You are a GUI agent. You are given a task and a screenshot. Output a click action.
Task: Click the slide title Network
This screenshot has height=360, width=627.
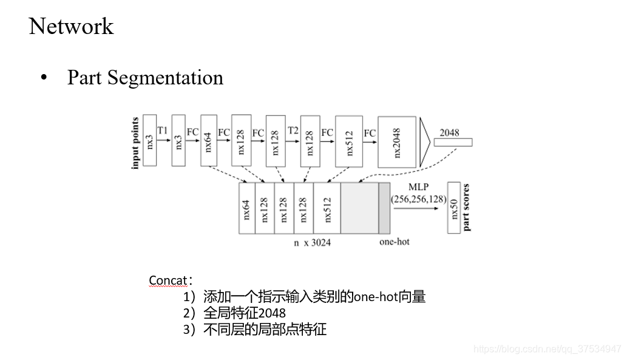[71, 26]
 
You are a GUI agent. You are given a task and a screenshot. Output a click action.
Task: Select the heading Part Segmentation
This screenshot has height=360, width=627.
[145, 78]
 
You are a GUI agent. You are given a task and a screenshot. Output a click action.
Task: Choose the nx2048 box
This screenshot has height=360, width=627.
[397, 142]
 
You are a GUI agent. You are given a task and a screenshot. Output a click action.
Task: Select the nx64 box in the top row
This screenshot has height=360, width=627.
[209, 140]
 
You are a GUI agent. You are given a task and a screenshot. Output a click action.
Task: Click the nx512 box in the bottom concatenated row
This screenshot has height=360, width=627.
[327, 208]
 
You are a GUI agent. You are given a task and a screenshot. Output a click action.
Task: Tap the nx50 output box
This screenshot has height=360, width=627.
[454, 208]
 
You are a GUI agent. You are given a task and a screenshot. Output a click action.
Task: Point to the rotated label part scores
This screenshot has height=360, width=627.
[466, 207]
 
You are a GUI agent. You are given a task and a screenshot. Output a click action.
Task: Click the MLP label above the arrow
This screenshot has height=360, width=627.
[418, 188]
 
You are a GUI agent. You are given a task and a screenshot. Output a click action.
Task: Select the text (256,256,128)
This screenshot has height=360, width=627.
[418, 199]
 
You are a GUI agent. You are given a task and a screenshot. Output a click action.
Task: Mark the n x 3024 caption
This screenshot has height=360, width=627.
[312, 243]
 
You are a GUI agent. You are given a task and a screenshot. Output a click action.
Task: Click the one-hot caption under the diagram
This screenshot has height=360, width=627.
[394, 242]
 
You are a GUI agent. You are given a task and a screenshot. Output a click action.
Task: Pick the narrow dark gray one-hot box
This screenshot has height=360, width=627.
[384, 208]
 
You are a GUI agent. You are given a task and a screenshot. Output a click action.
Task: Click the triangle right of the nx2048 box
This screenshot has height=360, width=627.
[424, 142]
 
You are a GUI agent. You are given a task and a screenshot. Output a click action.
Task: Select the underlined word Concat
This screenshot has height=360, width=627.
[168, 280]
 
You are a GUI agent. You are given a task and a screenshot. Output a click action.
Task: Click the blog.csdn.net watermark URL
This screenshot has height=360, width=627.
[547, 348]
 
